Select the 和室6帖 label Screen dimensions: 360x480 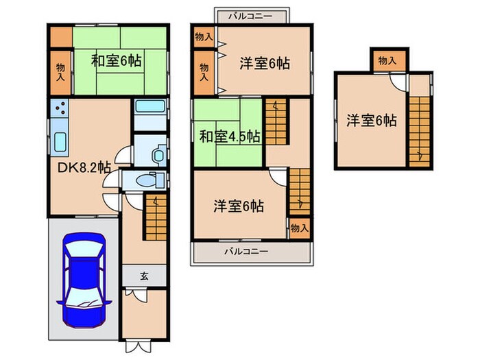click(117, 61)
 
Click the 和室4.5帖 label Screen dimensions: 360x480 click(230, 136)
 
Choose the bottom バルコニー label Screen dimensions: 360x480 click(246, 252)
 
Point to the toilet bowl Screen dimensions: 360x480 click(156, 155)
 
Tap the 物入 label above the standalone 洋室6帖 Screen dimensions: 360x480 click(387, 60)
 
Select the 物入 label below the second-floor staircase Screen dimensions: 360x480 click(298, 227)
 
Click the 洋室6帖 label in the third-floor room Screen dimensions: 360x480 click(370, 121)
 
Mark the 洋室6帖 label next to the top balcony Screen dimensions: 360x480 click(265, 64)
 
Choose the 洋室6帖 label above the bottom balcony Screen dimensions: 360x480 click(238, 205)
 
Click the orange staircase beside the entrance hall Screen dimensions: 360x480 click(156, 215)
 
